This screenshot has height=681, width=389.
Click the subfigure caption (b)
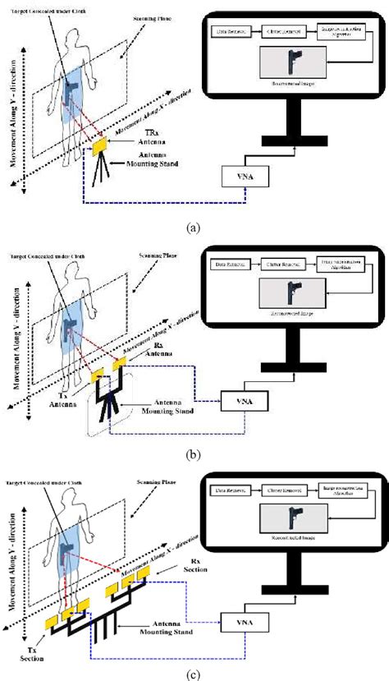click(194, 449)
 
